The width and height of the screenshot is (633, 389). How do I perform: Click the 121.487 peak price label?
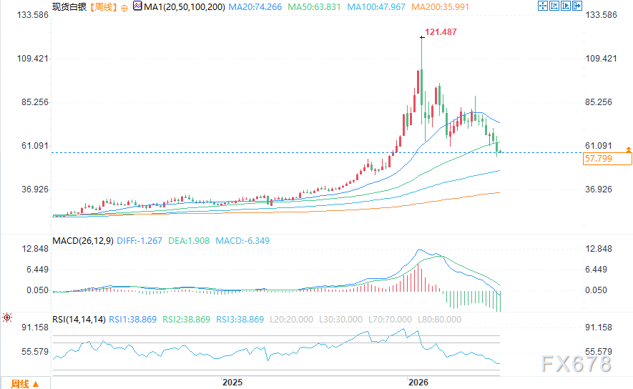(441, 32)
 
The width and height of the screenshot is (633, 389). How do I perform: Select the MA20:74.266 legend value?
(255, 7)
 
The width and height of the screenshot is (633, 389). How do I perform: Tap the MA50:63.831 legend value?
(314, 7)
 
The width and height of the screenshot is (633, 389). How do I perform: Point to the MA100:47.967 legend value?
(376, 7)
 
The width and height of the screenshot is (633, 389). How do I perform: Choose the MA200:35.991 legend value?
(441, 7)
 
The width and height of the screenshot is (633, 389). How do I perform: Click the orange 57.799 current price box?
(607, 159)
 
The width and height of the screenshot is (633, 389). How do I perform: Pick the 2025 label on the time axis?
(232, 382)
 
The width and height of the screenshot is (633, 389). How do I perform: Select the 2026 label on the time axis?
(418, 382)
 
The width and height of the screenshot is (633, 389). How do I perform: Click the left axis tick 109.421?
(32, 59)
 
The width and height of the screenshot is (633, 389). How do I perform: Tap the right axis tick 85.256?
(599, 102)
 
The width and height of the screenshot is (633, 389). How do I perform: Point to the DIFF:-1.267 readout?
(139, 241)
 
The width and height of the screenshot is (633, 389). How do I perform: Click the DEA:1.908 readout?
(189, 241)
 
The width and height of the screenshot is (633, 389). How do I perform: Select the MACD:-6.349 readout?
(242, 241)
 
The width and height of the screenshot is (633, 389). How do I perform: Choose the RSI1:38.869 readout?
(133, 320)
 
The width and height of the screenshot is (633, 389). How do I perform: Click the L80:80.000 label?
(439, 320)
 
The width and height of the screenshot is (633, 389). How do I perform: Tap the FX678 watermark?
(576, 364)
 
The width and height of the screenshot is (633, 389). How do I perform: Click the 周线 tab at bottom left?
(24, 384)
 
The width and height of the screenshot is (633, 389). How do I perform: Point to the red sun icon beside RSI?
(7, 318)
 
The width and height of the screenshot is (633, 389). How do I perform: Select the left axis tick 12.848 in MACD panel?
(35, 249)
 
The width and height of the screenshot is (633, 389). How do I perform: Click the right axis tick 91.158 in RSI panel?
(599, 328)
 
